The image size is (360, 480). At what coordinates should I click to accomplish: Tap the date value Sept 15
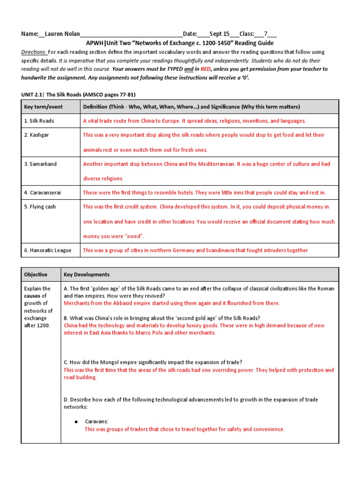219,34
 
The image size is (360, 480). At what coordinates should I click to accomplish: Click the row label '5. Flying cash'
40,207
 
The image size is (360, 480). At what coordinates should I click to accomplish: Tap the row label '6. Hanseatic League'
48,250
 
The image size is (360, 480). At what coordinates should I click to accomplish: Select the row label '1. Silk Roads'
39,121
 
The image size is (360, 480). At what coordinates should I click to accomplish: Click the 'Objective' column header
36,275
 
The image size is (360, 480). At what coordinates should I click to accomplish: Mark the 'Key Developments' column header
86,275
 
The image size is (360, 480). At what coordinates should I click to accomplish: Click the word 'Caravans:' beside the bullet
97,422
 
